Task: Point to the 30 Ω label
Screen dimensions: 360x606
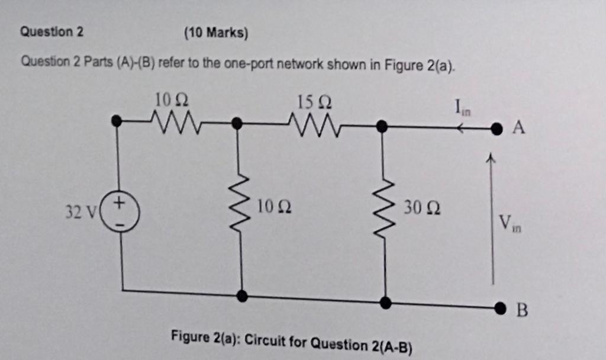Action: point(422,208)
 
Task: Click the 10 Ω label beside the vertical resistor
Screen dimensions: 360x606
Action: point(273,208)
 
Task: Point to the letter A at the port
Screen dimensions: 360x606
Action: point(519,127)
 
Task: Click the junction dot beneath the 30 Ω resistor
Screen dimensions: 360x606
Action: point(386,303)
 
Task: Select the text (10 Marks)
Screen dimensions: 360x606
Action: point(215,33)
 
